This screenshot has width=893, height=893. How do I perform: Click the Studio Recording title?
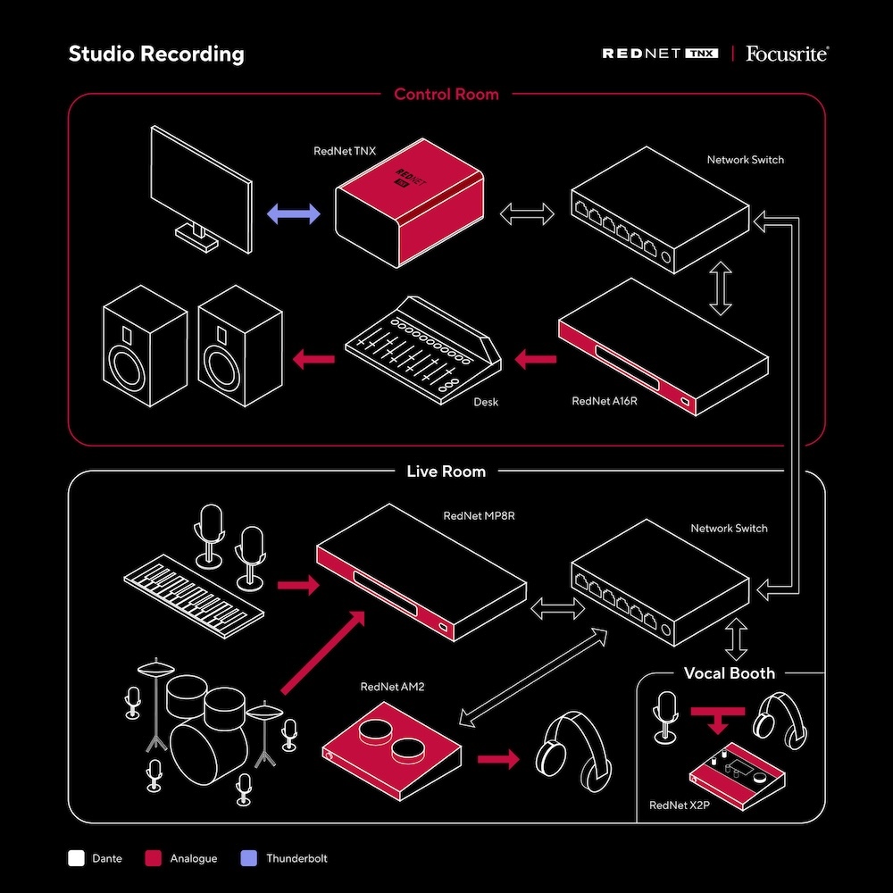(x=156, y=54)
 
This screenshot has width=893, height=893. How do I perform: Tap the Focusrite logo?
(x=787, y=54)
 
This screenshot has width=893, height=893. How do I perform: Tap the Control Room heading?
(x=446, y=94)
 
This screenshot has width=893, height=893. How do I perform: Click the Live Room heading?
(x=446, y=471)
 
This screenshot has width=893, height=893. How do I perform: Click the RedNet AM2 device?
(x=390, y=750)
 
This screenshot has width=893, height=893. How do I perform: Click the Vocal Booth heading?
(x=730, y=673)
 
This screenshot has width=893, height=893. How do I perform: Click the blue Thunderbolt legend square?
(x=249, y=859)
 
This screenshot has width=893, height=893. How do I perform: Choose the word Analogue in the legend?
(x=193, y=859)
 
